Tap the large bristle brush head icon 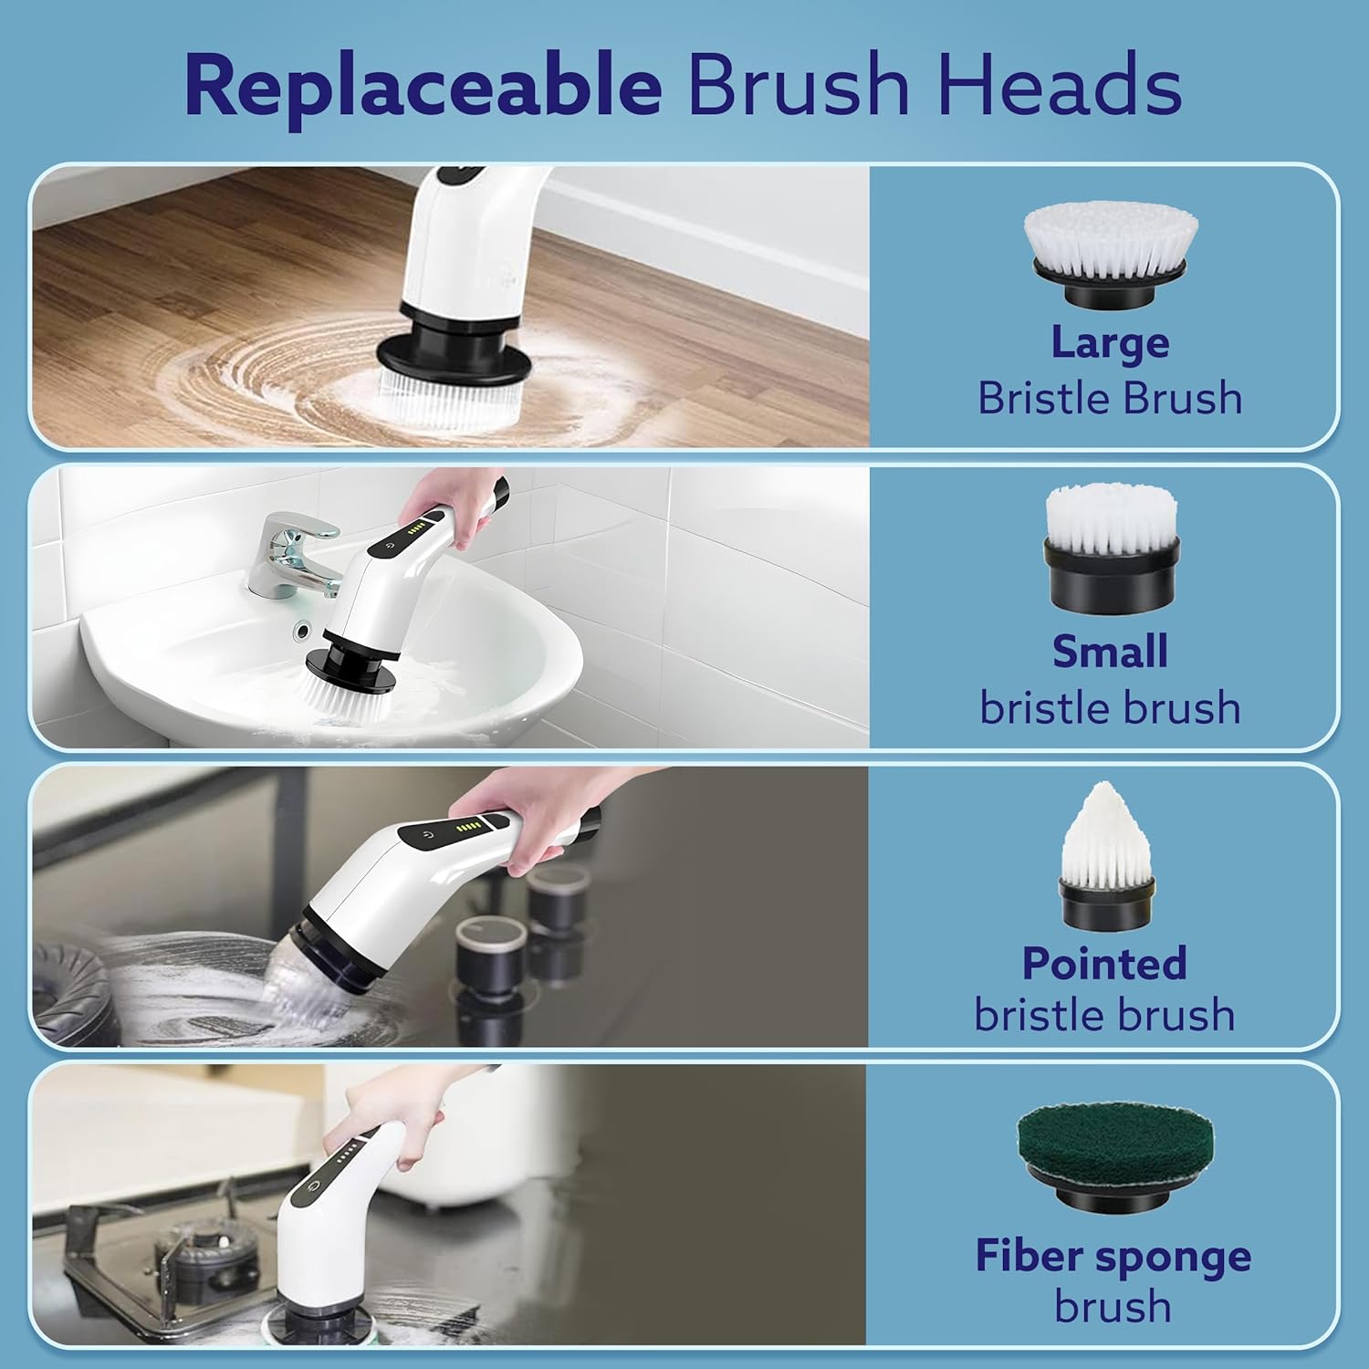[x=1110, y=255]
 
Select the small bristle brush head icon [x=1111, y=548]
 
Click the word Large [x=1110, y=342]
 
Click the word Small [x=1110, y=652]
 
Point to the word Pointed [x=1104, y=963]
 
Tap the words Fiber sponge [x=1113, y=1256]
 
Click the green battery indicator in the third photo [x=467, y=828]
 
